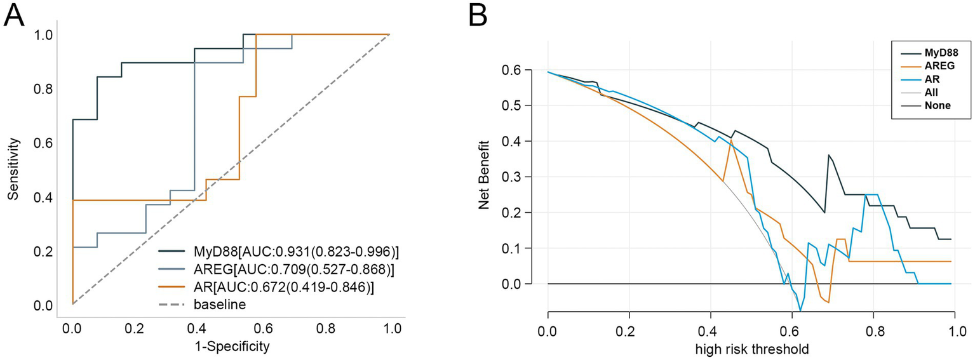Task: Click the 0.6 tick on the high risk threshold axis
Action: coord(792,330)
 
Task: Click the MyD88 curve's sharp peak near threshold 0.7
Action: coord(828,154)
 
